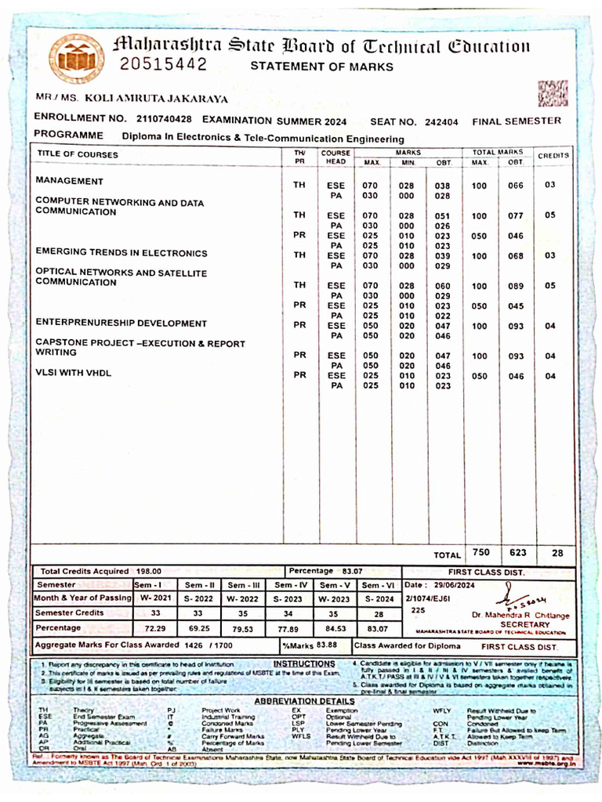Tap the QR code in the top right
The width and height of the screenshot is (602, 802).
pyautogui.click(x=553, y=93)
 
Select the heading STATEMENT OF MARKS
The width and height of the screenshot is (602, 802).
pyautogui.click(x=321, y=67)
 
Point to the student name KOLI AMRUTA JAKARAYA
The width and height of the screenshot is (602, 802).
pyautogui.click(x=156, y=99)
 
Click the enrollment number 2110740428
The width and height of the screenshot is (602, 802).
pyautogui.click(x=163, y=120)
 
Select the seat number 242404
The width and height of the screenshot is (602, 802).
pyautogui.click(x=441, y=121)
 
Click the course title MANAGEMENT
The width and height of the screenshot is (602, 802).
pyautogui.click(x=70, y=181)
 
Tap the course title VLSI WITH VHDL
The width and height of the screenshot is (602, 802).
pyautogui.click(x=73, y=373)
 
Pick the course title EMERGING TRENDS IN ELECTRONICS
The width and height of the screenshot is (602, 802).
pyautogui.click(x=121, y=251)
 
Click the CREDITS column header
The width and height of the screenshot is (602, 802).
pyautogui.click(x=553, y=156)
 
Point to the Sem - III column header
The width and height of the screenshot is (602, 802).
pyautogui.click(x=244, y=585)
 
